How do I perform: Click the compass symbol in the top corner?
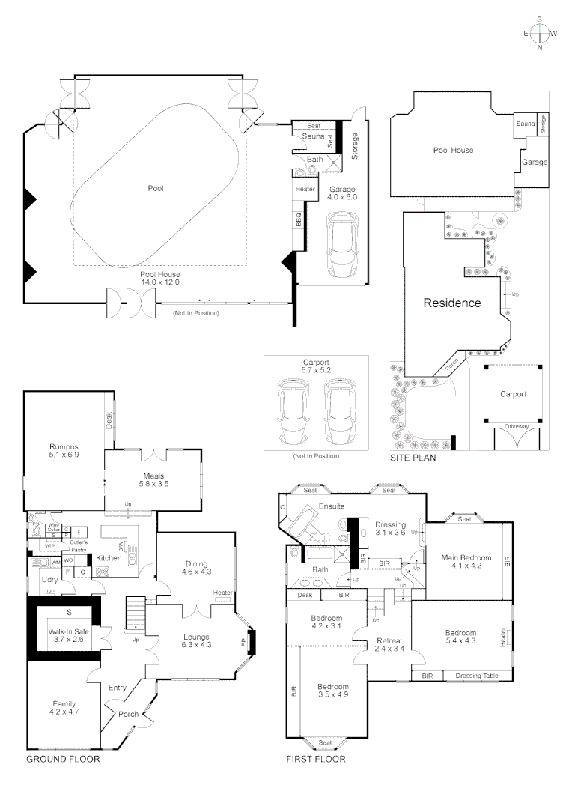click(x=540, y=33)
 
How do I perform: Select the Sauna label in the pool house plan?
click(x=312, y=137)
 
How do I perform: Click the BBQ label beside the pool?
click(x=298, y=220)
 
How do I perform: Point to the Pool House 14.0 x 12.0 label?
click(x=160, y=279)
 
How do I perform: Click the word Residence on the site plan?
click(x=451, y=303)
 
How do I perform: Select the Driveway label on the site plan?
click(x=517, y=425)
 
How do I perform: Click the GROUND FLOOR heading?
click(x=63, y=759)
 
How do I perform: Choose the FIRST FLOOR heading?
click(x=316, y=759)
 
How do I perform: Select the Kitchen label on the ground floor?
click(x=109, y=558)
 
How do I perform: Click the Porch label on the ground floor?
click(x=129, y=714)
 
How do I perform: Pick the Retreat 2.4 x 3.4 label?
click(x=389, y=645)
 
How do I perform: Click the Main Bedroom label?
click(x=466, y=562)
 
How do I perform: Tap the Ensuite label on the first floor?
click(x=331, y=506)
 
